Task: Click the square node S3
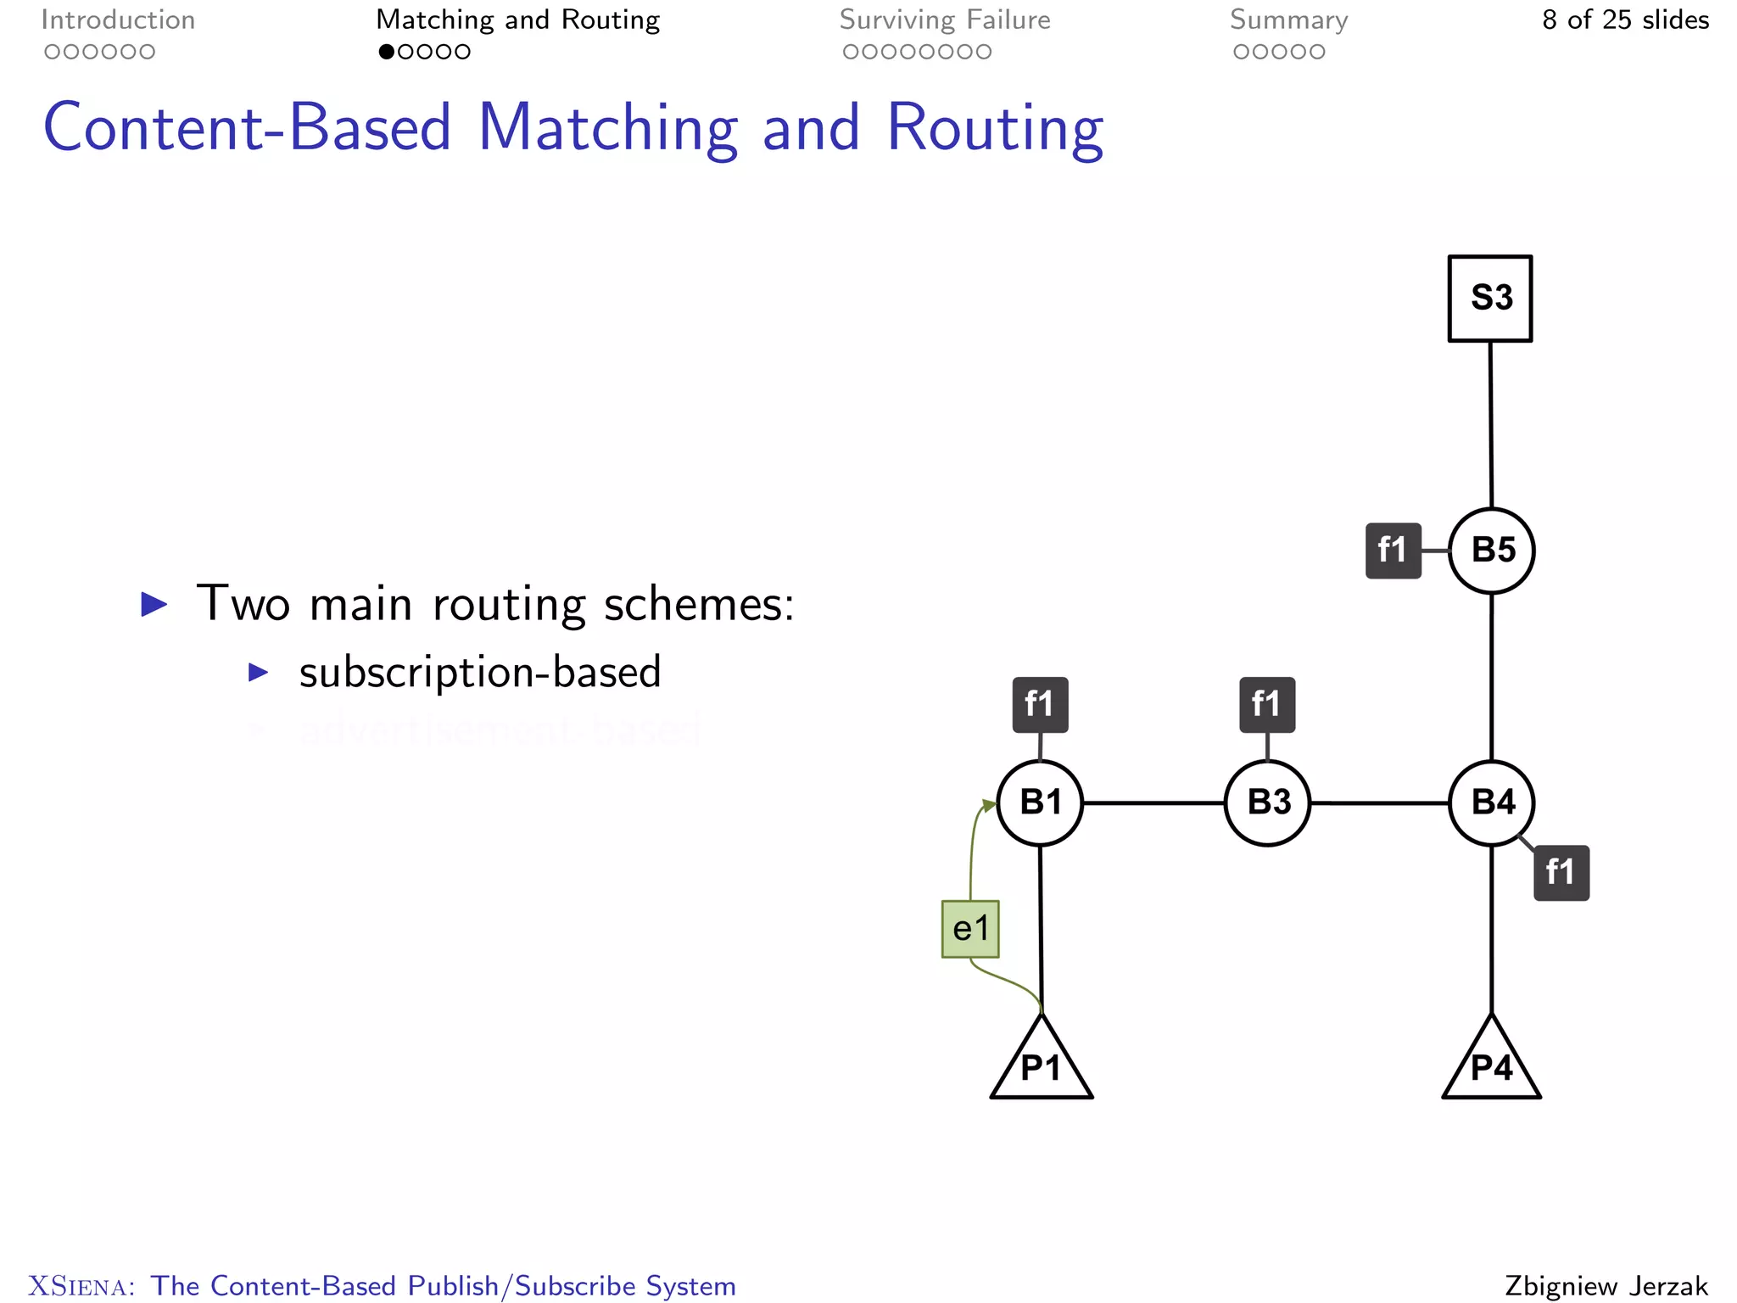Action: (x=1489, y=299)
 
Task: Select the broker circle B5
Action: (x=1491, y=551)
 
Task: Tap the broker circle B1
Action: (x=1040, y=802)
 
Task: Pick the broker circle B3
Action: (x=1267, y=802)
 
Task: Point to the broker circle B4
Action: (x=1491, y=802)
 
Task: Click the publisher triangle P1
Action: (x=1042, y=1065)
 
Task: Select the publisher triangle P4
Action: (x=1491, y=1065)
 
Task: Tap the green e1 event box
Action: (x=970, y=929)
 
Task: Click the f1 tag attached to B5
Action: (x=1393, y=551)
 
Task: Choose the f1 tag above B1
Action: (x=1040, y=704)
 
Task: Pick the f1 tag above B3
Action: (x=1267, y=704)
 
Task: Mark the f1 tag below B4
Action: (x=1561, y=872)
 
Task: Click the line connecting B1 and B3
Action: (x=1153, y=802)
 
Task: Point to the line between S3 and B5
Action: (x=1491, y=424)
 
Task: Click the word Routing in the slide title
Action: (x=994, y=129)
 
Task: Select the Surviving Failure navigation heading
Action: (x=945, y=20)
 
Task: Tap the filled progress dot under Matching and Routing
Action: (x=387, y=52)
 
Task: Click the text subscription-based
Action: (x=479, y=673)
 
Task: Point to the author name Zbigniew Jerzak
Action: (x=1606, y=1285)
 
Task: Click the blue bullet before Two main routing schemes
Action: (x=154, y=605)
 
